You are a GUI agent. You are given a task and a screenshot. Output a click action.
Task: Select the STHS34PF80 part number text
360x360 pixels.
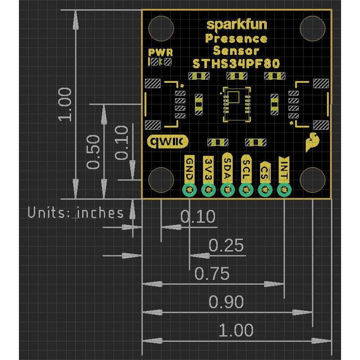pyautogui.click(x=236, y=63)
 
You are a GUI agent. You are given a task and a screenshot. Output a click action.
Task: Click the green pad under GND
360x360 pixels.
pyautogui.click(x=189, y=190)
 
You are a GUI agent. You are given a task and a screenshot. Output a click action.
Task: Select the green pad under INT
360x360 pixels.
pyautogui.click(x=283, y=190)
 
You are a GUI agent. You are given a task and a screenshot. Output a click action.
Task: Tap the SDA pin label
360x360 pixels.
pyautogui.click(x=227, y=168)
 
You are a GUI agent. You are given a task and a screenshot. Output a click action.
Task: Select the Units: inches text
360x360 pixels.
pyautogui.click(x=76, y=212)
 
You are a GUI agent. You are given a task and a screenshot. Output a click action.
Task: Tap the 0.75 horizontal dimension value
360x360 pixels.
pyautogui.click(x=211, y=273)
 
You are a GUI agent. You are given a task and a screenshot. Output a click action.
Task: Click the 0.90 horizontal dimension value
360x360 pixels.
pyautogui.click(x=226, y=302)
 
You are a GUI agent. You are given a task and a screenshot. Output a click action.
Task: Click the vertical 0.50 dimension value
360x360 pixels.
pyautogui.click(x=93, y=152)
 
